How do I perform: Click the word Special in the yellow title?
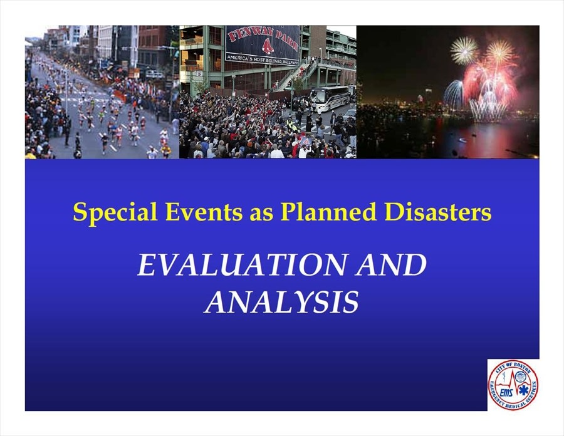tap(115, 212)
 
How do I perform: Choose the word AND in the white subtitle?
tap(391, 265)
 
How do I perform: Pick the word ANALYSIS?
tap(281, 303)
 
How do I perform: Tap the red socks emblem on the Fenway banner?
tap(266, 47)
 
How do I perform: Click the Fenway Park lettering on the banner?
tap(263, 38)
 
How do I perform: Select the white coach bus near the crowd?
tap(329, 97)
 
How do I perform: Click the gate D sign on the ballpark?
tap(199, 74)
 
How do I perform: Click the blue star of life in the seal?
tap(524, 389)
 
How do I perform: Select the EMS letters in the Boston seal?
tap(508, 392)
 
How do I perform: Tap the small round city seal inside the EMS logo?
tap(520, 377)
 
